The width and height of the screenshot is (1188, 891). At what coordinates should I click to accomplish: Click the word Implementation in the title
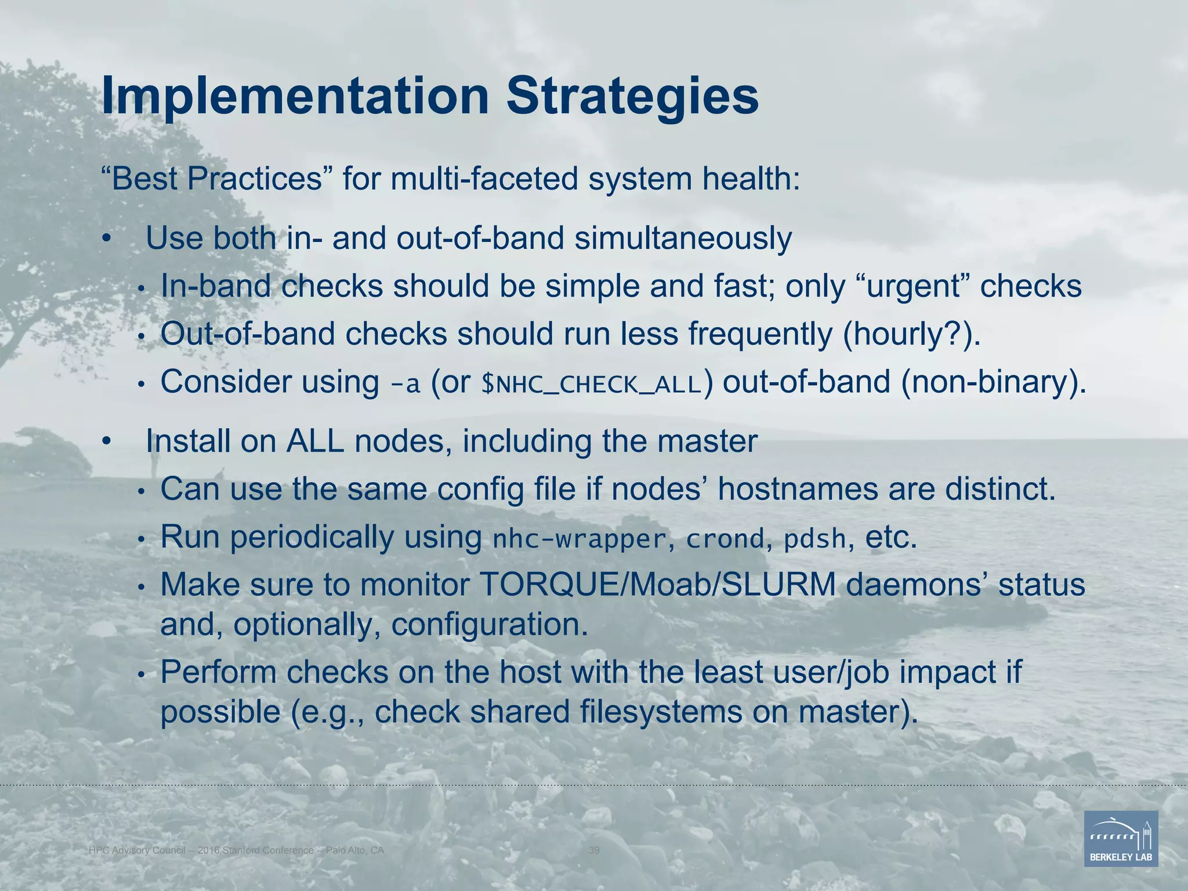tap(295, 97)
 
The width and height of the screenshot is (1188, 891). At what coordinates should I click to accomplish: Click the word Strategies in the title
tap(632, 97)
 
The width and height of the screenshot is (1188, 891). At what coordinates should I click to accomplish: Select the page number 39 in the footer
tap(594, 850)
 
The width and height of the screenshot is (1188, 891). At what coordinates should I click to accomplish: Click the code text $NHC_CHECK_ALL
tap(592, 384)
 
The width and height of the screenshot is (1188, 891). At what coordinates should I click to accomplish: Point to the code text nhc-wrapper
tap(578, 539)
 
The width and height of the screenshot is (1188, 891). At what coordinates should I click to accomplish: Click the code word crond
tap(725, 539)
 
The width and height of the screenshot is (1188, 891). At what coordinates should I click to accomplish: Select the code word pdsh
tap(815, 539)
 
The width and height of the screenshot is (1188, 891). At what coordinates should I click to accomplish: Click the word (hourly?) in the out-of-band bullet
tap(905, 335)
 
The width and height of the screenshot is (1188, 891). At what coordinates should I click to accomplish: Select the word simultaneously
tap(683, 238)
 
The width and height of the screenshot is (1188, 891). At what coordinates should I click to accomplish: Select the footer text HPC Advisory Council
tap(137, 850)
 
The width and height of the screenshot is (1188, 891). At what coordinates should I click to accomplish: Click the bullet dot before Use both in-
tap(106, 239)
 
